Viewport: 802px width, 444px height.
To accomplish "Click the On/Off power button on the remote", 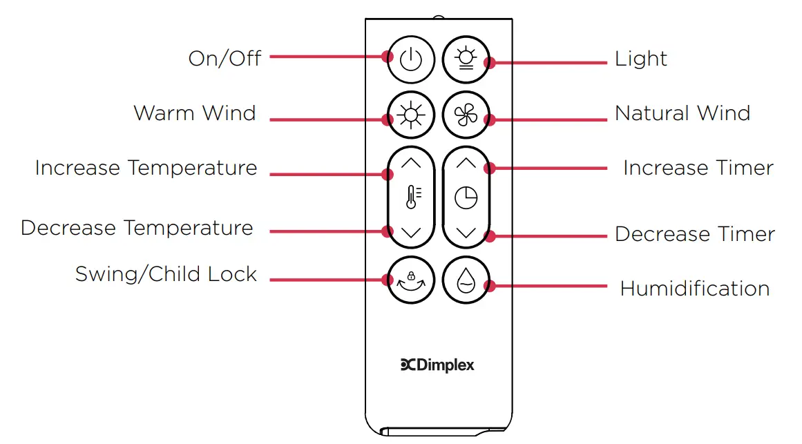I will click(x=410, y=59).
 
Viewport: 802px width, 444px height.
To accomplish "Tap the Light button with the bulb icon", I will click(x=466, y=59).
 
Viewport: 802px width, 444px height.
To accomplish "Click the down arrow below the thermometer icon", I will click(x=410, y=233).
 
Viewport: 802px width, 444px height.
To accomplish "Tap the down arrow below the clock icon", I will click(x=466, y=233).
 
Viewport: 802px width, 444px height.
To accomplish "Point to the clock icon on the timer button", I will click(x=466, y=198).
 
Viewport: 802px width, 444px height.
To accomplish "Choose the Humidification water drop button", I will click(x=466, y=281).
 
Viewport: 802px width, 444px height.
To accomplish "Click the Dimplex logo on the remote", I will click(x=438, y=365).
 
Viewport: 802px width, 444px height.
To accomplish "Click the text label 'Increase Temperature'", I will click(x=146, y=168).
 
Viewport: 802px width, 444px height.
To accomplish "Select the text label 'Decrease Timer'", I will click(x=695, y=234).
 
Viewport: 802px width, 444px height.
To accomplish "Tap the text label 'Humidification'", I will click(x=695, y=288).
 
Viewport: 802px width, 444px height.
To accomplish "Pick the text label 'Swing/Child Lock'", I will click(x=166, y=274).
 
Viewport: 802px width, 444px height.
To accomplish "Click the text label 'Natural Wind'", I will click(x=682, y=113).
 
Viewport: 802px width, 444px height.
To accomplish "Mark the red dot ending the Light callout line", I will click(x=490, y=62).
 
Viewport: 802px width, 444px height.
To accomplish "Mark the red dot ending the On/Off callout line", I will click(x=387, y=56).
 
